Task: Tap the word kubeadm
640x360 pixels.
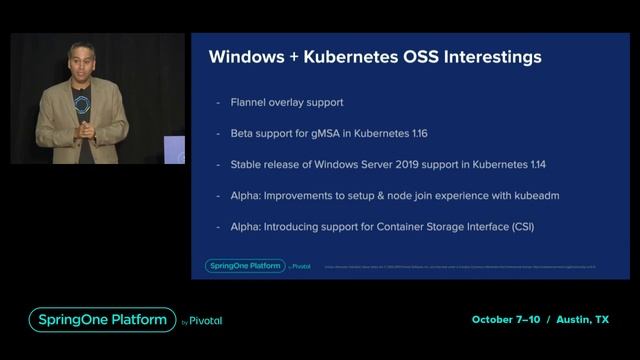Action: pos(529,195)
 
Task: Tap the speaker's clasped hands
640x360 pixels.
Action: pos(87,130)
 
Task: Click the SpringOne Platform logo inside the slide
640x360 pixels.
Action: pos(244,265)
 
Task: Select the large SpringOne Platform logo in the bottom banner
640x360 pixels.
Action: pos(100,320)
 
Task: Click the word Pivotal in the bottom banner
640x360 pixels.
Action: pos(205,321)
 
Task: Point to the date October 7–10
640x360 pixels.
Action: pos(506,320)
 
